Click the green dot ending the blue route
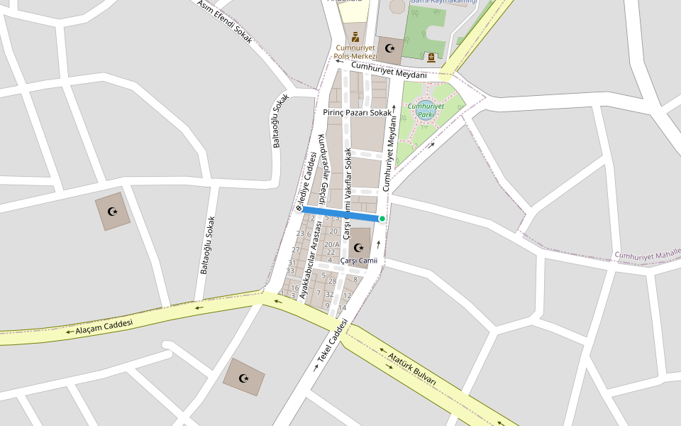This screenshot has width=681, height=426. (382, 219)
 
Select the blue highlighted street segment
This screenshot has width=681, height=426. (340, 213)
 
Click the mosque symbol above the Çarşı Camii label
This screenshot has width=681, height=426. (359, 248)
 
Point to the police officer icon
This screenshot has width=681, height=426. (355, 36)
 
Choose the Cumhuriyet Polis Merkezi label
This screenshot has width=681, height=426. (356, 52)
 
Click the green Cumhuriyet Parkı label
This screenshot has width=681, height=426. (426, 110)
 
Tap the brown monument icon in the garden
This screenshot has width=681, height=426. (431, 57)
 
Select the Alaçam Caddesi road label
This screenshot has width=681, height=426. (104, 327)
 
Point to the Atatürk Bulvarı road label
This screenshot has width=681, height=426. (412, 366)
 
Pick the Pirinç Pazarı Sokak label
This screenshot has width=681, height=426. (357, 113)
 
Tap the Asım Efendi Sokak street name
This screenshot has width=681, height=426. (225, 21)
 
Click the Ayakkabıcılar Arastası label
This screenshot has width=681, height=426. (311, 258)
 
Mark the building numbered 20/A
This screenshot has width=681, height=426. (332, 244)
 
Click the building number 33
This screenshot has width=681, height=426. (290, 271)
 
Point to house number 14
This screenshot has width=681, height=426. (342, 307)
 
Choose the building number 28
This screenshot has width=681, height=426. (332, 281)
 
